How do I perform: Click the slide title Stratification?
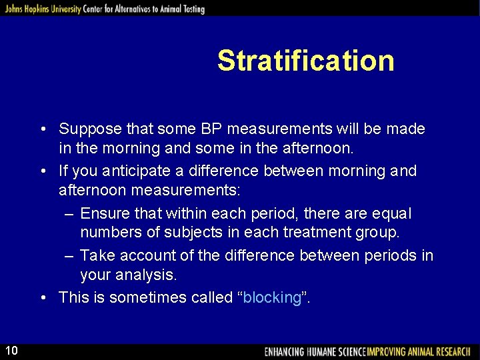click(x=305, y=61)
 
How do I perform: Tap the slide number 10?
click(x=12, y=351)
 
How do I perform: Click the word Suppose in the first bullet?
click(x=87, y=129)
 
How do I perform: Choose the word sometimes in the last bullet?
click(x=141, y=297)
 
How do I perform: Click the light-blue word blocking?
click(x=272, y=297)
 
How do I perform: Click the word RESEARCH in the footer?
click(x=453, y=351)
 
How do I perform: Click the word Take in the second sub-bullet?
click(x=97, y=256)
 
